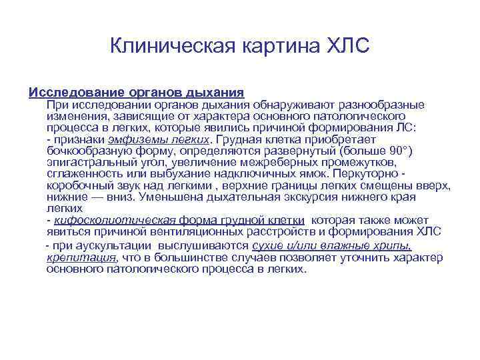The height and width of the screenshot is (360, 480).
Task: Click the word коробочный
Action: (80, 185)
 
